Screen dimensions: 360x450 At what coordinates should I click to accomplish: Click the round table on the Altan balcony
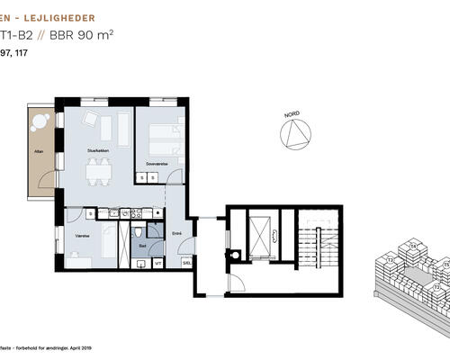(40, 120)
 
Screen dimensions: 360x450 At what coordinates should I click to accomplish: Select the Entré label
(176, 233)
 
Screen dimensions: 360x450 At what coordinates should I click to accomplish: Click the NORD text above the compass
(292, 116)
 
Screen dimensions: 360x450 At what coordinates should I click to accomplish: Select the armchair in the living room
(91, 120)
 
